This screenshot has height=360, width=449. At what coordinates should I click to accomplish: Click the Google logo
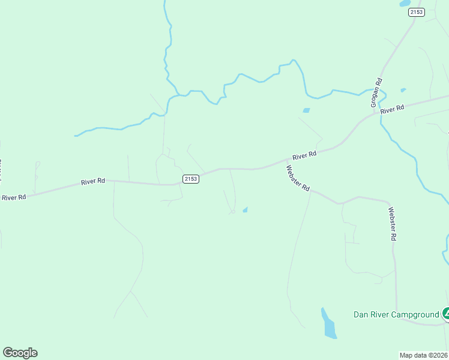[x=20, y=353]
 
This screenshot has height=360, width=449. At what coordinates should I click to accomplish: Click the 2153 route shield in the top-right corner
[x=416, y=12]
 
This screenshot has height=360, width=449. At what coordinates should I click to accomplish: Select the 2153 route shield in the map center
[x=191, y=179]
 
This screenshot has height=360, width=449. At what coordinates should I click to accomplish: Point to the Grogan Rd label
[x=376, y=93]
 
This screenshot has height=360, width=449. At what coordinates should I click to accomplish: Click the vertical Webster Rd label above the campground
[x=393, y=224]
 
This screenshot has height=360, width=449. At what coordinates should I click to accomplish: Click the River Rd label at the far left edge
[x=14, y=197]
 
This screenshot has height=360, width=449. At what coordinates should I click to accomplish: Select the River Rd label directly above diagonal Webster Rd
[x=304, y=155]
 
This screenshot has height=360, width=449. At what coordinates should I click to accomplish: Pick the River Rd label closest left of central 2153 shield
[x=94, y=181]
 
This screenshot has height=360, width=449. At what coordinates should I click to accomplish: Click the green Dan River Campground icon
[x=446, y=313]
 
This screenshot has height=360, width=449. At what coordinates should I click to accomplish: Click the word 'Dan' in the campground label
[x=360, y=314]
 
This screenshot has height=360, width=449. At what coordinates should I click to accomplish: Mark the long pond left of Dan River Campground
[x=328, y=324]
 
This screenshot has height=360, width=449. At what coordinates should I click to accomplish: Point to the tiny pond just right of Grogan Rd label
[x=403, y=90]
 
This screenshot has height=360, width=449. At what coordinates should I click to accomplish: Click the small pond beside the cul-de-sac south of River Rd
[x=245, y=209]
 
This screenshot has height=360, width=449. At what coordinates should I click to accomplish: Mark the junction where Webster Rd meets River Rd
[x=282, y=163]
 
